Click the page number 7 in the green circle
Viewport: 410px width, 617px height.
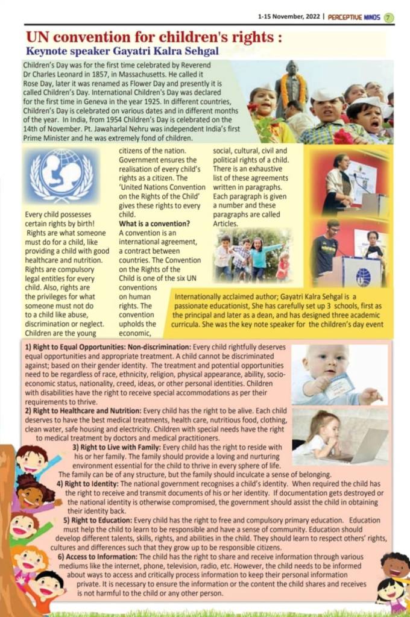[389, 17]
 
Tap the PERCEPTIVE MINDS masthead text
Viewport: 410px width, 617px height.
[354, 17]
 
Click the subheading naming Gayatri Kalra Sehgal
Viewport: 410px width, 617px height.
[122, 51]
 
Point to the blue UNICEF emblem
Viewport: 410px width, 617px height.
[61, 176]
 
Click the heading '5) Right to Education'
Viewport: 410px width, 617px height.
[97, 520]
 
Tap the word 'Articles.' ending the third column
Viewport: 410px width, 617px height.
[227, 223]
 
